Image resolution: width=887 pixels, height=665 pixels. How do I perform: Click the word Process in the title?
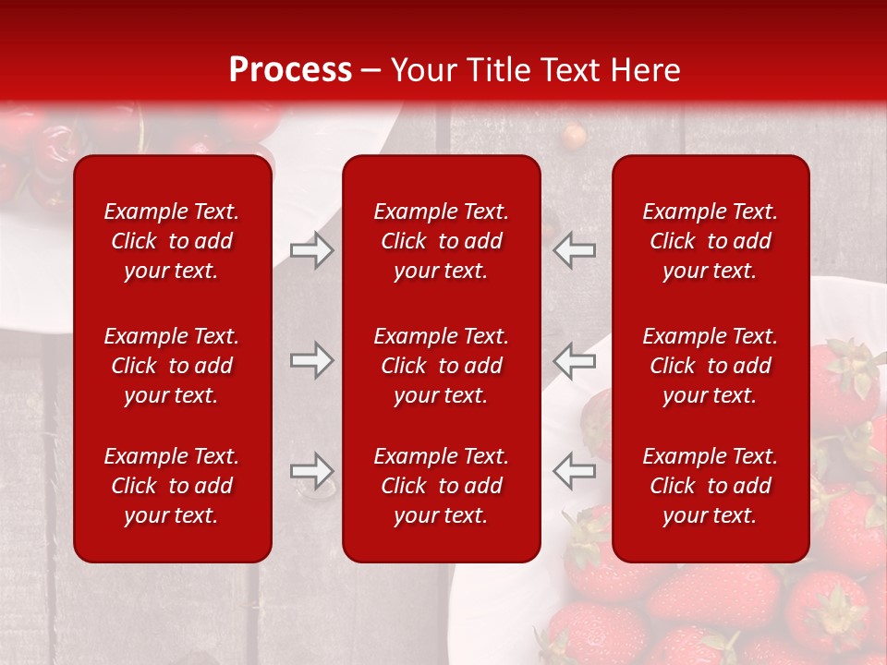click(x=290, y=70)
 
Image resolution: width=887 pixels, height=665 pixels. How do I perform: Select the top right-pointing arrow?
click(x=311, y=250)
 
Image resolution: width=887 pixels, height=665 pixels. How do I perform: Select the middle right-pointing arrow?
click(x=311, y=360)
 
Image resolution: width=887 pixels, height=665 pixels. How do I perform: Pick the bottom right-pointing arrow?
click(x=311, y=471)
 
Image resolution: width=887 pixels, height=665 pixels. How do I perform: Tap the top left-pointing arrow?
click(x=575, y=250)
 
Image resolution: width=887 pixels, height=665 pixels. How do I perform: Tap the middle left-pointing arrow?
click(x=575, y=360)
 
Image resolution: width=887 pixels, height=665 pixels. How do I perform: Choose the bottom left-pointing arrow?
click(x=575, y=471)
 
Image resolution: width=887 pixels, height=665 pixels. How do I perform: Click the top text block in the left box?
click(x=172, y=241)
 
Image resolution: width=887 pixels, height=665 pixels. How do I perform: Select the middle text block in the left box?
click(x=172, y=366)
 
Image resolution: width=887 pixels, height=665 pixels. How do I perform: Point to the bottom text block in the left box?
click(x=172, y=486)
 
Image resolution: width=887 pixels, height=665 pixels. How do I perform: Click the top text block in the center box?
click(x=441, y=241)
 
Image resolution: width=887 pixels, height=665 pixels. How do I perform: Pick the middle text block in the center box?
click(x=441, y=366)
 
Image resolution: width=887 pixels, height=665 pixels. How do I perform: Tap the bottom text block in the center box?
click(x=441, y=486)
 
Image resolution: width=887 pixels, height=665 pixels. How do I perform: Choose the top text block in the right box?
click(x=710, y=241)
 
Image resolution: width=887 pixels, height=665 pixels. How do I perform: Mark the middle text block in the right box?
click(x=710, y=366)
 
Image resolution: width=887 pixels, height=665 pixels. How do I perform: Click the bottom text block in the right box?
click(x=710, y=486)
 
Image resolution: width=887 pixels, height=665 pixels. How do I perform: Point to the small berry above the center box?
click(x=575, y=136)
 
